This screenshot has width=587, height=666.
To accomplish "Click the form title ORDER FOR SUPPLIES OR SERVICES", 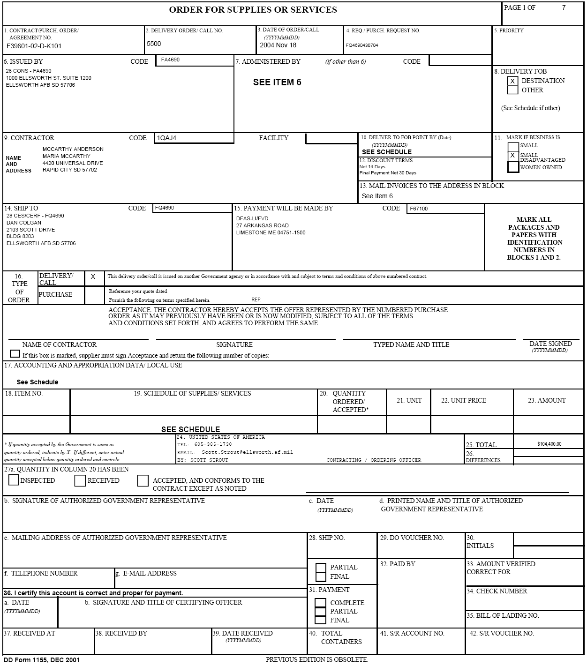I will [253, 10].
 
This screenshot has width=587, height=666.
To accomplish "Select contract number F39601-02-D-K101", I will [34, 46].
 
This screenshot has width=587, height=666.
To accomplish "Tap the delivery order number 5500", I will [154, 44].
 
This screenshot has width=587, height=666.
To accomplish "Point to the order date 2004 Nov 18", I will [278, 45].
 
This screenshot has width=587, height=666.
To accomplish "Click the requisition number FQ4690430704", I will [361, 45].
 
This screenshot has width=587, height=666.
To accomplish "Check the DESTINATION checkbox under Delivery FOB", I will [512, 81].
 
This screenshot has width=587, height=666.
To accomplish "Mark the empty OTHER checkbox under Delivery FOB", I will [512, 90].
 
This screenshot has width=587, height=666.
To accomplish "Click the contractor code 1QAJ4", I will [166, 138].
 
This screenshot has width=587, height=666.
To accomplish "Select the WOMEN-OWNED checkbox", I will [513, 167].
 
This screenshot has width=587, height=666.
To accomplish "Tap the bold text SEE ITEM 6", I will [277, 82].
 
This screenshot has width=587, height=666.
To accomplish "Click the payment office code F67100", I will [419, 209].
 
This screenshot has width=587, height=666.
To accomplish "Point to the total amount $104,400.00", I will [549, 444].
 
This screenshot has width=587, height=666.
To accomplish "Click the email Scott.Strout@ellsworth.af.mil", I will [247, 452].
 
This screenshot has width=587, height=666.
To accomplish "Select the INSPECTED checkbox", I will [14, 480].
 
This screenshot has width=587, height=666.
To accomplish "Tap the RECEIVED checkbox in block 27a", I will [80, 480].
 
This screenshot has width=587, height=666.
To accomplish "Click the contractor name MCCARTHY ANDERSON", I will [73, 149].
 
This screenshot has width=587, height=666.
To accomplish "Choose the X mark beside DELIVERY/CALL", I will [93, 277].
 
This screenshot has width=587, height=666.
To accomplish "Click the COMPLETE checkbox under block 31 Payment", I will [321, 603].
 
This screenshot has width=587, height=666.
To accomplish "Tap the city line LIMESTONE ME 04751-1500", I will [271, 232].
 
